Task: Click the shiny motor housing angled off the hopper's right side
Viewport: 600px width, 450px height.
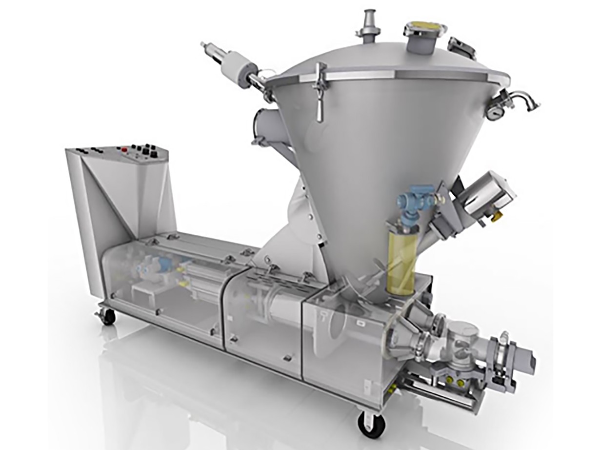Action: (x=488, y=195)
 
